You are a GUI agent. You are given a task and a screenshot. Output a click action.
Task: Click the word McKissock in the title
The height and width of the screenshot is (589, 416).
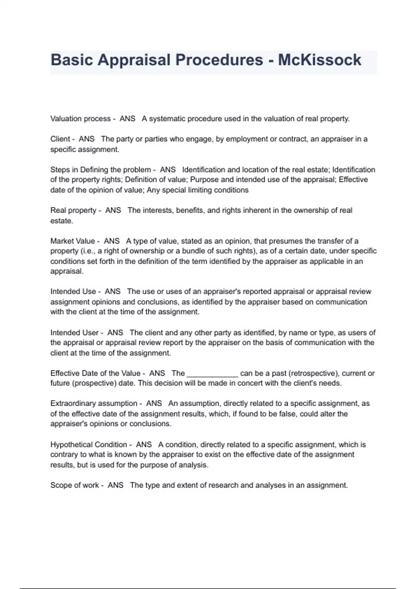click(x=319, y=60)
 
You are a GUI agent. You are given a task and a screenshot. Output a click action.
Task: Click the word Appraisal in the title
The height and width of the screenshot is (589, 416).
click(x=134, y=60)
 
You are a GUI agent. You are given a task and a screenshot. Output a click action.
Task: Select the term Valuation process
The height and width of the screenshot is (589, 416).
click(x=80, y=119)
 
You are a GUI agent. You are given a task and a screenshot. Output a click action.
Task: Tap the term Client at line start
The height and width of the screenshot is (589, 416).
click(x=60, y=139)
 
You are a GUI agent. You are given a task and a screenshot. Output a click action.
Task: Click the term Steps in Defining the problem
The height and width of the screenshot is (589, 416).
click(x=101, y=170)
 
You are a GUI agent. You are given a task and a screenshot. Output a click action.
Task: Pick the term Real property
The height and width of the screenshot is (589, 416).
click(x=73, y=210)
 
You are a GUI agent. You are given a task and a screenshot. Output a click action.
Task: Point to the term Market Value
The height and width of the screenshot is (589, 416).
click(x=72, y=241)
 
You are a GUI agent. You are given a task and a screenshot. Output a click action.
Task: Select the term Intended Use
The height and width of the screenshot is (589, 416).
click(x=73, y=291)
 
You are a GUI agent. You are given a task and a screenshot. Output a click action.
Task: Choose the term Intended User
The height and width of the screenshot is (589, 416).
click(x=74, y=333)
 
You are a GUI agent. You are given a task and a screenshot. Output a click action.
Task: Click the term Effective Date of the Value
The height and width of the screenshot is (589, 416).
click(x=95, y=373)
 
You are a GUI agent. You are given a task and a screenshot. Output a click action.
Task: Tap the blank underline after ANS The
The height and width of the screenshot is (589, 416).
click(x=212, y=374)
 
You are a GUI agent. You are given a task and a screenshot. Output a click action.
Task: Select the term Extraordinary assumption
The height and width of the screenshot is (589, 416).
click(x=94, y=404)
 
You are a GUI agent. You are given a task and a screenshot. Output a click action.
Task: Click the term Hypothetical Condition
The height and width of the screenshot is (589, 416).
click(x=88, y=445)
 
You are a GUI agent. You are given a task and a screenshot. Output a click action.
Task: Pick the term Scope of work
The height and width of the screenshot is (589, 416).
click(x=75, y=485)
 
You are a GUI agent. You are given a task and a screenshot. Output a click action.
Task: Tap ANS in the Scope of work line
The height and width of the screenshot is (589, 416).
click(x=115, y=485)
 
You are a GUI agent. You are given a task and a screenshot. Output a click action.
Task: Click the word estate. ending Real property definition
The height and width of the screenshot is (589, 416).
click(x=62, y=221)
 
